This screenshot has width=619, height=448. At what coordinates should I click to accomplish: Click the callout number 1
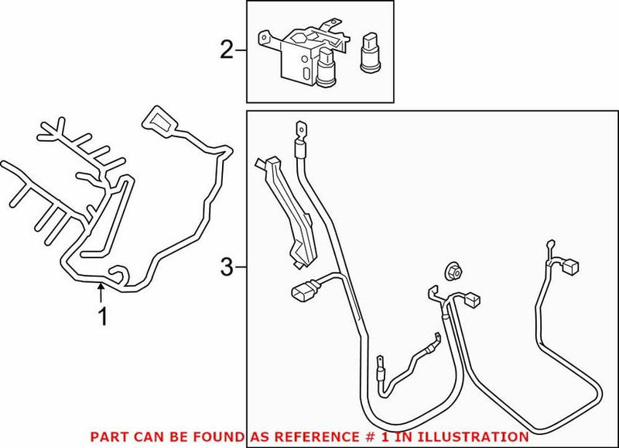coord(101,316)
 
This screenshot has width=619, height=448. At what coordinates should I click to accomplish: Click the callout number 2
coord(226,51)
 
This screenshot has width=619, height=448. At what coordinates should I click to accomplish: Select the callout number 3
coord(226,268)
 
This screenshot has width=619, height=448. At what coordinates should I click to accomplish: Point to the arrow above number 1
coord(101,292)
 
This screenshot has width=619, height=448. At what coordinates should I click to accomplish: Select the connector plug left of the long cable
coord(303,296)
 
